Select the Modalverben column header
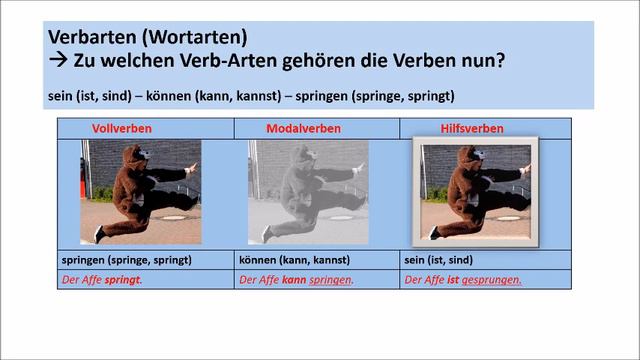[x=303, y=129]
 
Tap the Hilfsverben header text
[x=471, y=129]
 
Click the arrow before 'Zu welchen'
[x=57, y=61]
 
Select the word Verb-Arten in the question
[x=226, y=61]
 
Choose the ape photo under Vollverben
[x=140, y=192]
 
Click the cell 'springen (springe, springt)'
[x=125, y=260]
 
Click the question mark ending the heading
[x=499, y=61]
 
